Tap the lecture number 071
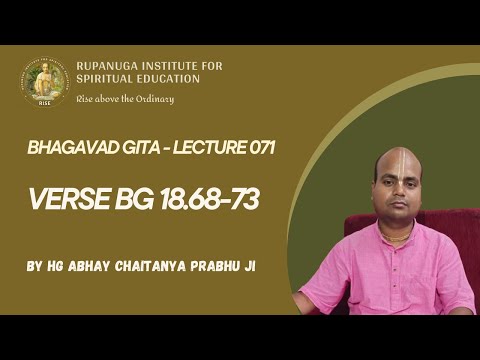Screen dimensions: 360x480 (x=256, y=148)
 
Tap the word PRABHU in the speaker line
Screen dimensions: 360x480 (x=225, y=268)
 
